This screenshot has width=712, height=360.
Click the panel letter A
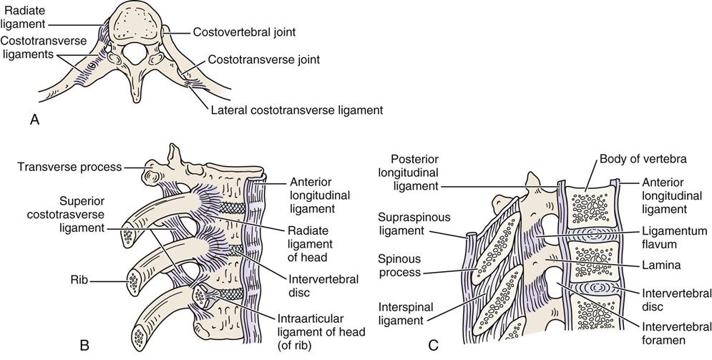(x=34, y=121)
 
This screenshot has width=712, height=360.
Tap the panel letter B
(x=84, y=346)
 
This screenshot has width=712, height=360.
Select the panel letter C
(x=433, y=346)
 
